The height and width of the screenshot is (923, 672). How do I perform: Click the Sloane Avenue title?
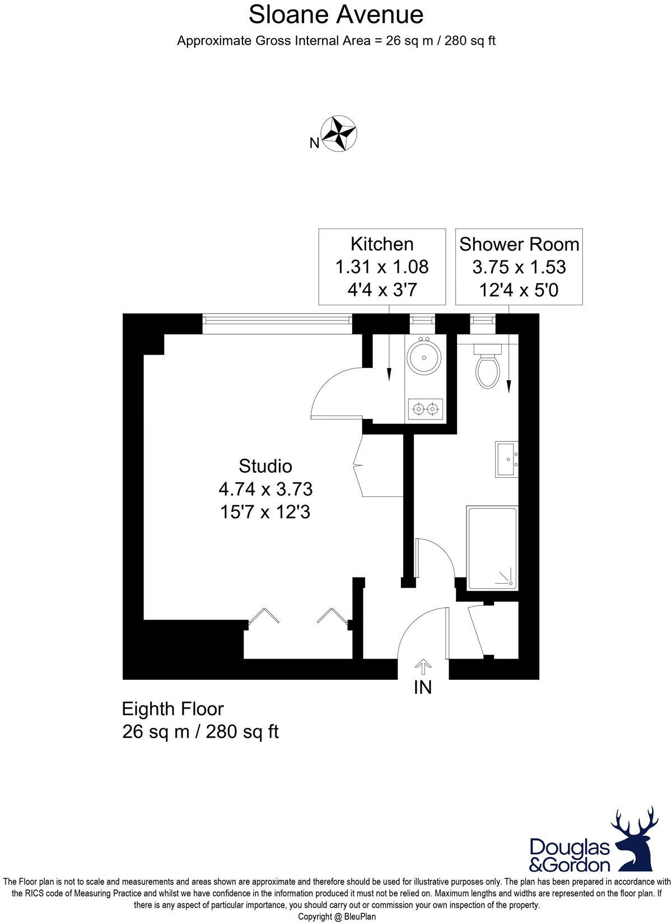(x=336, y=15)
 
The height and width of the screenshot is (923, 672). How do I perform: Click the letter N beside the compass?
(x=314, y=143)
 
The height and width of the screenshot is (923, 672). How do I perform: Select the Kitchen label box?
(x=382, y=267)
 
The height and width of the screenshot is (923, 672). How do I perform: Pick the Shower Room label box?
(x=519, y=267)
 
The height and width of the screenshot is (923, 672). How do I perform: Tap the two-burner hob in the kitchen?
(x=425, y=409)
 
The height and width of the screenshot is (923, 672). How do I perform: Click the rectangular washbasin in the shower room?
(x=507, y=459)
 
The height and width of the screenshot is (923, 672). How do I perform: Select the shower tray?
(x=492, y=548)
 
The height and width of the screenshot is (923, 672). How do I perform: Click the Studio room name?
(x=265, y=466)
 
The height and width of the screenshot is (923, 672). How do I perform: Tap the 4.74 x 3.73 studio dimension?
(x=265, y=489)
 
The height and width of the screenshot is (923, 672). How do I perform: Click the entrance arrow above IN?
(x=423, y=667)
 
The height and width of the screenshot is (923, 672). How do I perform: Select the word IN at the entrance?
(x=423, y=687)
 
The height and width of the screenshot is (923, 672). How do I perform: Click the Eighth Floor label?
(x=172, y=709)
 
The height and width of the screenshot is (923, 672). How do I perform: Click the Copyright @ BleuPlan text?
(x=337, y=917)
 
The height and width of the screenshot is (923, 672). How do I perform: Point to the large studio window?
(x=277, y=320)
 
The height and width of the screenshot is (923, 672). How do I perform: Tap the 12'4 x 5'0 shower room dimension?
(x=519, y=290)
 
